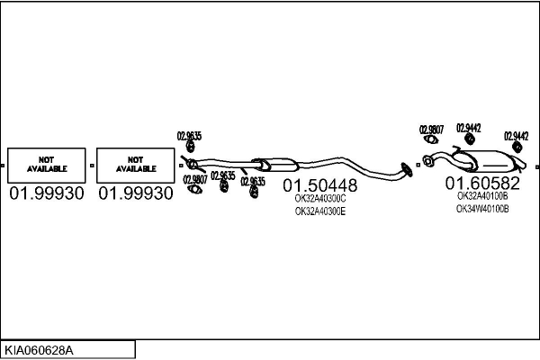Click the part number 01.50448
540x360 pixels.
click(319, 185)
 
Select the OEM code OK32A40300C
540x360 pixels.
click(320, 199)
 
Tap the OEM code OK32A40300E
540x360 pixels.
click(320, 211)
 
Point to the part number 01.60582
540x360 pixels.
click(482, 183)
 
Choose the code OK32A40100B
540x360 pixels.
click(482, 196)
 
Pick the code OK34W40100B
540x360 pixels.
click(482, 209)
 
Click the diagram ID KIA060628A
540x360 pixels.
click(39, 351)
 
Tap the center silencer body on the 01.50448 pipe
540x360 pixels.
click(274, 165)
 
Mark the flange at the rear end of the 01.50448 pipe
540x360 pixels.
click(407, 170)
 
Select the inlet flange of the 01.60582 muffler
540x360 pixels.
click(427, 161)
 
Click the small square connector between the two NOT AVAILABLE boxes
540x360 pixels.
click(92, 166)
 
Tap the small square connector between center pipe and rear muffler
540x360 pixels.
click(418, 165)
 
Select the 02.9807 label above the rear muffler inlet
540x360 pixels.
click(431, 130)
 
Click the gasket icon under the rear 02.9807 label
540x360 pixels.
click(431, 139)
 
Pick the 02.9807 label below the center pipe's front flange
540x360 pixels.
click(195, 179)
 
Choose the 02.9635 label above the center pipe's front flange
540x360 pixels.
click(189, 136)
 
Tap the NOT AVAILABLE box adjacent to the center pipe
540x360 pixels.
click(136, 166)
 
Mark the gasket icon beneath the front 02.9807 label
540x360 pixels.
click(195, 189)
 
